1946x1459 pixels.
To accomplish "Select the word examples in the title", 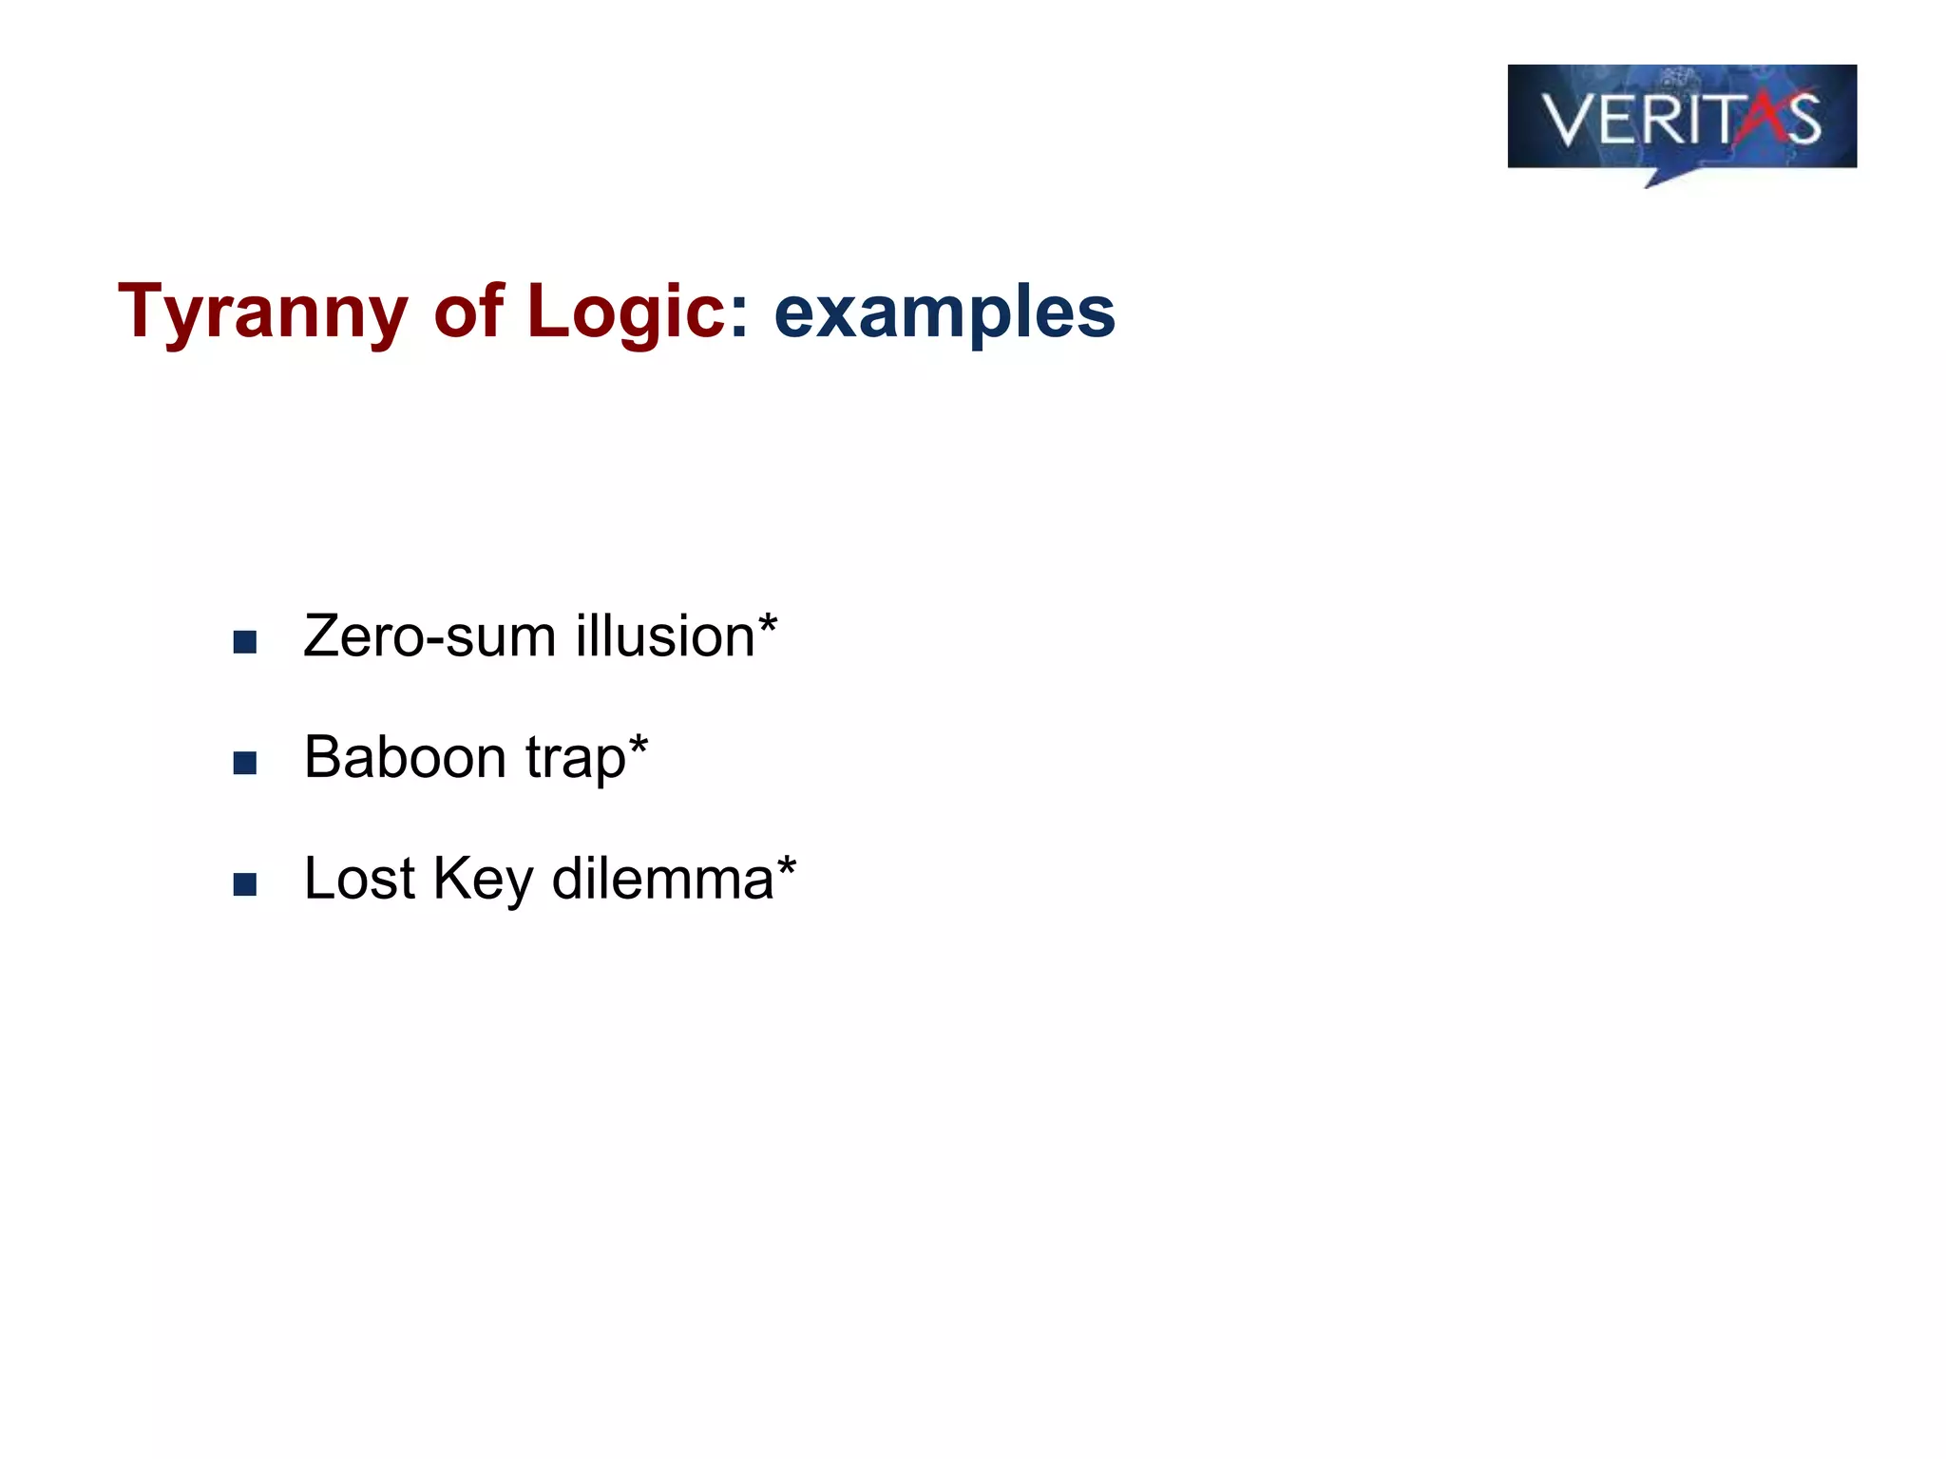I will point(944,312).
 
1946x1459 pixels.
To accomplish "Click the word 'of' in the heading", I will point(468,312).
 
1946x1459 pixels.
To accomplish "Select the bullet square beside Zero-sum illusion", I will point(245,643).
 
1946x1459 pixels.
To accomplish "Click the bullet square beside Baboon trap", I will point(245,764).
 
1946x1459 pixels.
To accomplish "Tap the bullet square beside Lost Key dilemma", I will point(245,885).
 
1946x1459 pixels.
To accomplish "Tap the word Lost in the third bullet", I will point(359,879).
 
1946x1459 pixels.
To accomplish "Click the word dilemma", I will point(662,879).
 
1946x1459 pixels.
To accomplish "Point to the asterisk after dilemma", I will point(786,866).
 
